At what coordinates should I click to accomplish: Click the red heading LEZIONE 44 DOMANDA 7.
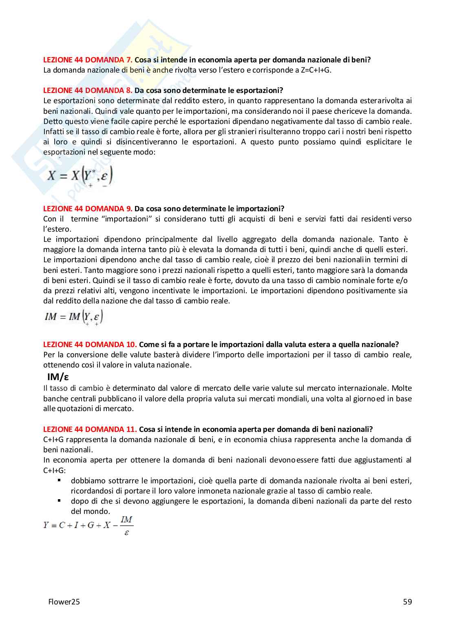(x=88, y=60)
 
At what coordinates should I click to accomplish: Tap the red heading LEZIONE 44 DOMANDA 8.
(x=88, y=90)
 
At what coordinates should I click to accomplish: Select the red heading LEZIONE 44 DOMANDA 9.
(x=88, y=208)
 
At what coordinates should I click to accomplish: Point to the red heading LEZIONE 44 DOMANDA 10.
(x=90, y=344)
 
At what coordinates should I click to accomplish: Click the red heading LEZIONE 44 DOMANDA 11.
(x=90, y=429)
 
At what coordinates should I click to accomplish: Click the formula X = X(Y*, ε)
(x=80, y=176)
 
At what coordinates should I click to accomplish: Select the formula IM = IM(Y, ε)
(x=73, y=317)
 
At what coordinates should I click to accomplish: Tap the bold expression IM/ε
(x=58, y=377)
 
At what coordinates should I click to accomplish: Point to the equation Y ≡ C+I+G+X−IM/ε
(x=88, y=525)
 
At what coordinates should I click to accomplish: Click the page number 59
(x=407, y=602)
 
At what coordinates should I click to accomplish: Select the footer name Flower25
(x=64, y=602)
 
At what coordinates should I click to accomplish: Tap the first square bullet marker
(x=59, y=480)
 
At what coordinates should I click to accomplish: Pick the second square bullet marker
(x=59, y=500)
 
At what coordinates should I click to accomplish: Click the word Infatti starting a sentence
(x=54, y=131)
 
